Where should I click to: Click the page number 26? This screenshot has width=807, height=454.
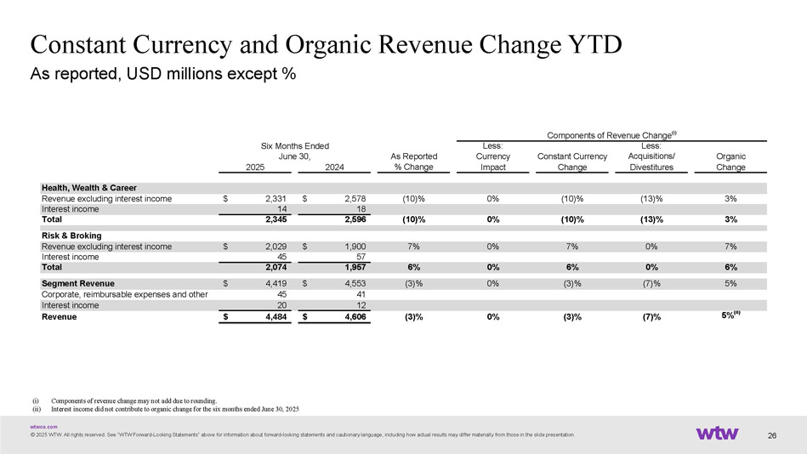[772, 436]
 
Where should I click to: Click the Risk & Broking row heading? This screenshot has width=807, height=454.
[71, 236]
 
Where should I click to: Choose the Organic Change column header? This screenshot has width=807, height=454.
[730, 162]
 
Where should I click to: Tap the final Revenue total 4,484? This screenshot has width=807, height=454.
[272, 317]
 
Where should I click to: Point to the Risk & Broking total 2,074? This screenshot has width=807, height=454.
[272, 268]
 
